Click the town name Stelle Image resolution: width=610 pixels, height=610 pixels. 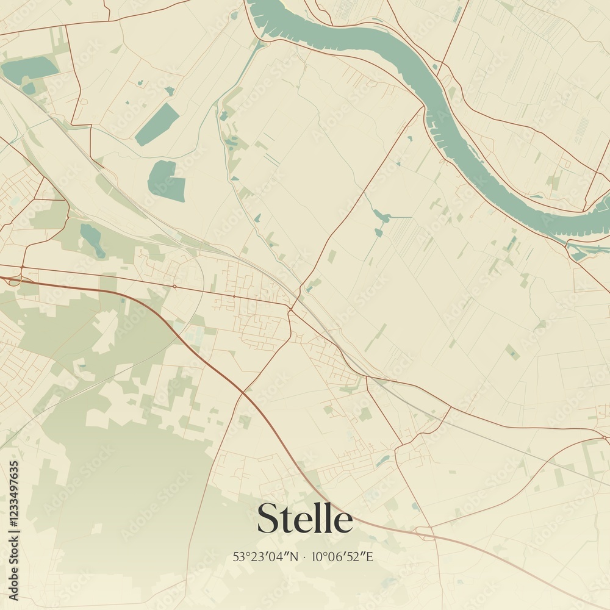(x=304, y=519)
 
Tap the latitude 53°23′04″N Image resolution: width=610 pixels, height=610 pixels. (x=266, y=556)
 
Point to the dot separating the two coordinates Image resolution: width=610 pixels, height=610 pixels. (x=304, y=557)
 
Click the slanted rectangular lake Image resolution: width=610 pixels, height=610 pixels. (x=157, y=124)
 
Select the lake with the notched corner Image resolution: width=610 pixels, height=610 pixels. (x=166, y=181)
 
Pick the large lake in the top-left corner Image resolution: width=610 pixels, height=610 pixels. (x=29, y=70)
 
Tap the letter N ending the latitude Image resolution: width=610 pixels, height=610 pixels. (x=295, y=556)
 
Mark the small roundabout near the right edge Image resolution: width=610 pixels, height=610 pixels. (x=604, y=437)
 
